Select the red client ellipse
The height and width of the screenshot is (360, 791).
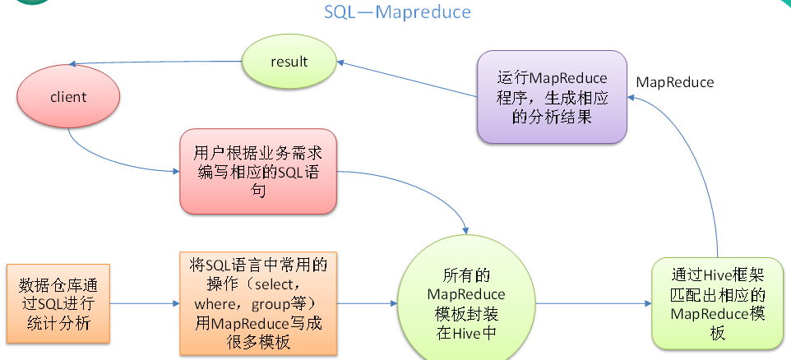(x=68, y=97)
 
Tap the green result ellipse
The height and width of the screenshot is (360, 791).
(x=289, y=62)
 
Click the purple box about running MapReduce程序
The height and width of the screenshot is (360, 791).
(x=552, y=98)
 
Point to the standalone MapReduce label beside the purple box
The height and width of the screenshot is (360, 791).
(x=675, y=82)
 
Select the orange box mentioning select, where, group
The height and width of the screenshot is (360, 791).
(x=258, y=303)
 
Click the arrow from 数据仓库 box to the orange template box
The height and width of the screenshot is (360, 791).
(x=145, y=304)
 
